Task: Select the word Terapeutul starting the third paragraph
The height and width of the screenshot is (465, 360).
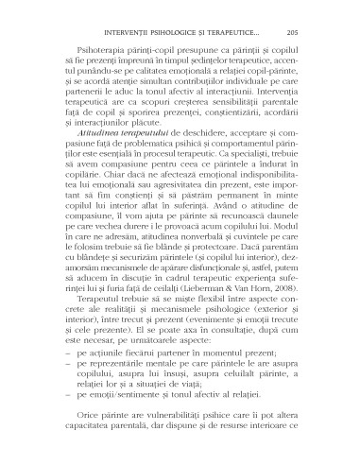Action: (87, 342)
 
